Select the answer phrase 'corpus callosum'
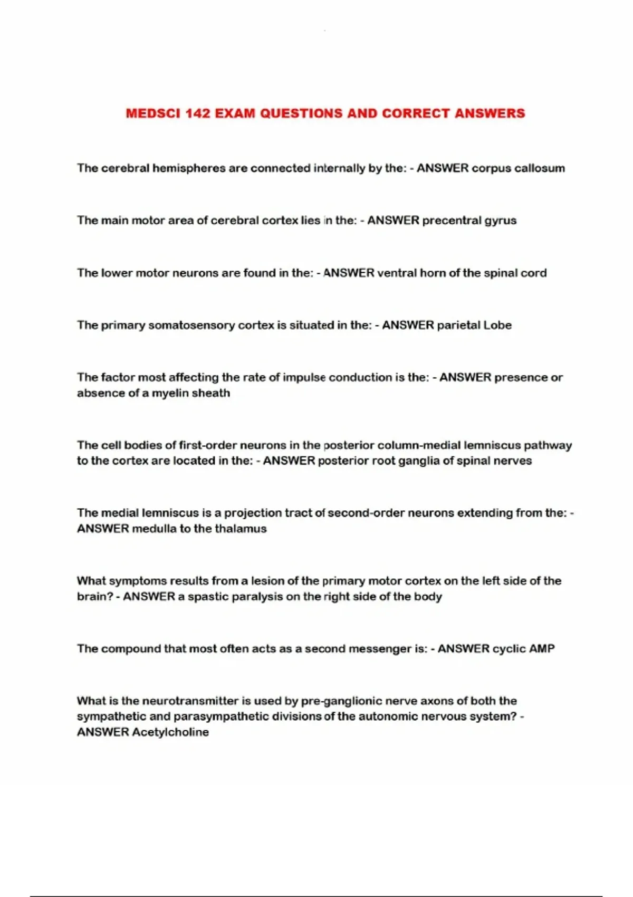518,168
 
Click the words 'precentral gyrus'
469,221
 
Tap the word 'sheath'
211,393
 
